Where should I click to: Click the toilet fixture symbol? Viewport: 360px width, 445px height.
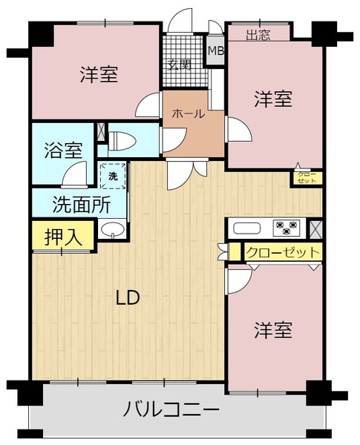122,141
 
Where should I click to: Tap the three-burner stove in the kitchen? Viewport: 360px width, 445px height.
287,228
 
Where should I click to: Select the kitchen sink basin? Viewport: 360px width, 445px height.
247,228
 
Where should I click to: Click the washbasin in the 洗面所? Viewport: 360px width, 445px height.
113,228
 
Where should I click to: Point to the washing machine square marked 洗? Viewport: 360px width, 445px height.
113,176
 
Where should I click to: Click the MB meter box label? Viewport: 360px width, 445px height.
216,51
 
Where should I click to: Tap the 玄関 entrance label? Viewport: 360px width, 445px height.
180,65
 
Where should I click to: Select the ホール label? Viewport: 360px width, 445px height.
189,113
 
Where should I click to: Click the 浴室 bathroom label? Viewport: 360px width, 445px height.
64,150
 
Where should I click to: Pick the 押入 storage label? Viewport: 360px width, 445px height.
63,237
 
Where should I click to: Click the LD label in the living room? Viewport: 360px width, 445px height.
128,297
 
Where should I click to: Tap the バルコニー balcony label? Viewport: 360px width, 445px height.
171,409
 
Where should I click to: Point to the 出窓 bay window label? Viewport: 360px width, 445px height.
258,35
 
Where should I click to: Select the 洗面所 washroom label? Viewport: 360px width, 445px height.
82,205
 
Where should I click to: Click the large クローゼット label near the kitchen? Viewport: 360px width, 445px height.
283,251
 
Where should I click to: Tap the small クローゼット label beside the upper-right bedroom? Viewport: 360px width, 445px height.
307,178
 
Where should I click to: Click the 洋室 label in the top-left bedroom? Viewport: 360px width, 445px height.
99,74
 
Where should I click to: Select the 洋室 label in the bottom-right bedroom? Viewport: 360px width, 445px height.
273,330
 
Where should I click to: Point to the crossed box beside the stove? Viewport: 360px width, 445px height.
315,229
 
